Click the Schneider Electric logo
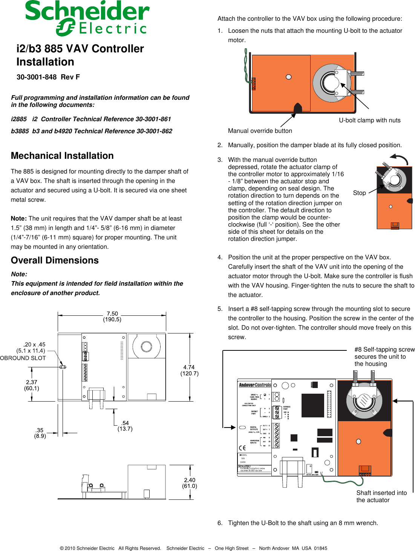(x=87, y=18)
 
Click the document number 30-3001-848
(x=36, y=77)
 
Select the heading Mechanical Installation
(x=62, y=156)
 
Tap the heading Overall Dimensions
(x=55, y=260)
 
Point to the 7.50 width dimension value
(x=112, y=314)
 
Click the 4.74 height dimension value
(x=189, y=367)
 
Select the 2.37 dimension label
(x=32, y=382)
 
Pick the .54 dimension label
(x=125, y=423)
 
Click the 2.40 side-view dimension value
(x=190, y=480)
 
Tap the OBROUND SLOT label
(x=23, y=358)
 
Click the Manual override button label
(x=260, y=131)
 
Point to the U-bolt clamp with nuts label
(x=369, y=120)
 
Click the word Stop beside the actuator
(x=359, y=193)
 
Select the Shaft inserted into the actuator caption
(x=381, y=496)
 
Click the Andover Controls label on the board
(x=255, y=385)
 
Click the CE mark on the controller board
(x=242, y=448)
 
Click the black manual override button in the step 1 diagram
(x=298, y=108)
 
